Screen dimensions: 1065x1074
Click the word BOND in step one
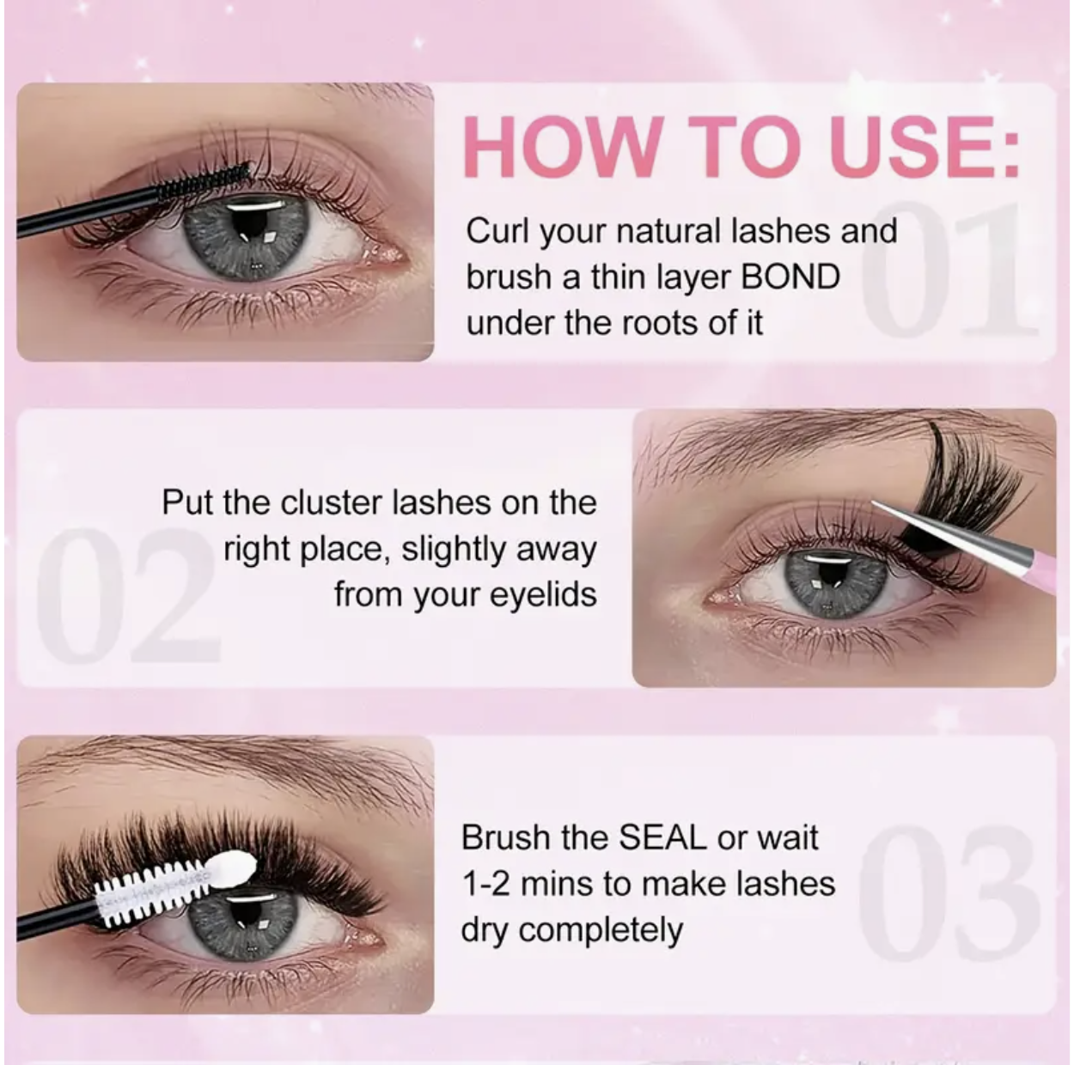pos(790,277)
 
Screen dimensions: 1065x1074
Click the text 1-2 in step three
pos(486,884)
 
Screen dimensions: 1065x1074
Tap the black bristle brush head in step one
pos(206,180)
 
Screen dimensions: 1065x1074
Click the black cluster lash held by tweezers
pos(945,481)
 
